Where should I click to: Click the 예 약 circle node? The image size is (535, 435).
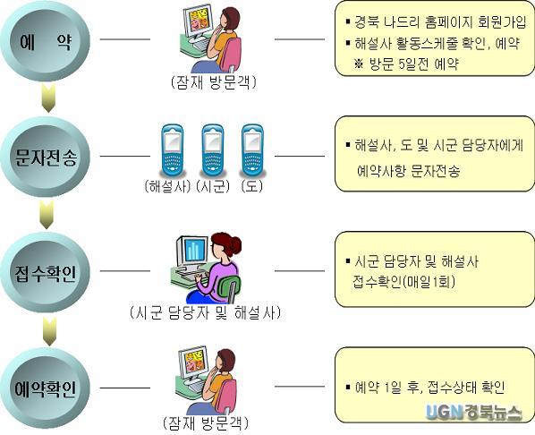(x=46, y=41)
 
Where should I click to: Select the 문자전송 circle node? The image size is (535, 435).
(x=46, y=157)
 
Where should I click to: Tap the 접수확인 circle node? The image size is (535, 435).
(x=46, y=272)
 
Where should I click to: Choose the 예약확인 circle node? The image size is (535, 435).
(x=46, y=388)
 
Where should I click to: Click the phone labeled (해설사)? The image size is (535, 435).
(x=173, y=150)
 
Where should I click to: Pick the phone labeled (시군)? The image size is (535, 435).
(x=213, y=150)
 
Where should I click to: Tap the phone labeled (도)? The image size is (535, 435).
(x=252, y=150)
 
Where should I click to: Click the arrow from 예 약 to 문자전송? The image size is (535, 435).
(x=48, y=98)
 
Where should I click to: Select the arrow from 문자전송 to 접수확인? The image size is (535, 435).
(x=47, y=215)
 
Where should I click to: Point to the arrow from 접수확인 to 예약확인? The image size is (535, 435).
(x=49, y=331)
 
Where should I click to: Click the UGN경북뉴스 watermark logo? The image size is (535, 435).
(x=473, y=412)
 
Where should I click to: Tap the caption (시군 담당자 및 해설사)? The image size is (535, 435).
(x=206, y=312)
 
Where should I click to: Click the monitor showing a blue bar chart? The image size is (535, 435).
(x=191, y=251)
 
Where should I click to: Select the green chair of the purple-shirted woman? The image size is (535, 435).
(x=229, y=288)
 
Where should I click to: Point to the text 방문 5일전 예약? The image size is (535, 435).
(x=414, y=64)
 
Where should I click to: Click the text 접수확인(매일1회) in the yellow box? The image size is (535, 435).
(x=404, y=282)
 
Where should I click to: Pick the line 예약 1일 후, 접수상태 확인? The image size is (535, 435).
(x=429, y=388)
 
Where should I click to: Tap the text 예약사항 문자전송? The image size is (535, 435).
(x=409, y=171)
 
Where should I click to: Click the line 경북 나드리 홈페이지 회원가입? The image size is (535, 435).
(x=440, y=21)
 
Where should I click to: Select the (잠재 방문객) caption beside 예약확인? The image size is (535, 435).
(x=206, y=423)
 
